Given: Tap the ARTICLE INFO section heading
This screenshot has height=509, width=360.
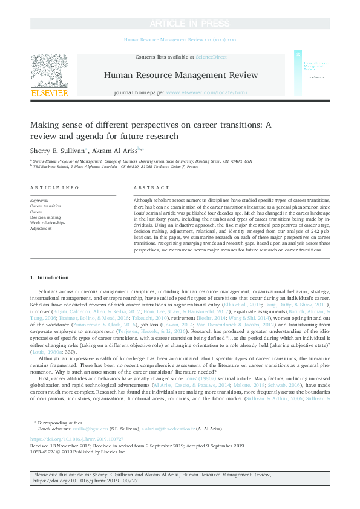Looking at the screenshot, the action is click(x=54, y=188).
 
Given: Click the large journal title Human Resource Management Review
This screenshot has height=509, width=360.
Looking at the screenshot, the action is click(x=180, y=75).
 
